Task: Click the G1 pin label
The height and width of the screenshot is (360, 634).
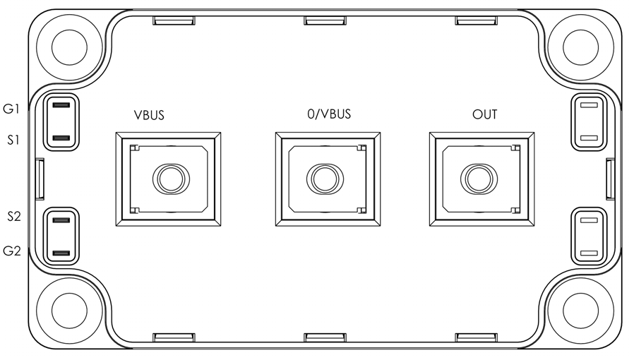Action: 11,109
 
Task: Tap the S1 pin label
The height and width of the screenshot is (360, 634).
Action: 13,140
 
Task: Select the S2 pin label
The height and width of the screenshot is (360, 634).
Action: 13,216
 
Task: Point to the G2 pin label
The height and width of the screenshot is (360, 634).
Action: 12,251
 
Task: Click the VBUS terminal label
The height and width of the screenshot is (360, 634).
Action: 149,115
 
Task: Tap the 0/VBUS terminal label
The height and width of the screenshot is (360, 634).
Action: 329,114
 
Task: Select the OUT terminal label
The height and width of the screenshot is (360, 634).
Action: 484,114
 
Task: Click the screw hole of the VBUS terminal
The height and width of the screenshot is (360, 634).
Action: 171,179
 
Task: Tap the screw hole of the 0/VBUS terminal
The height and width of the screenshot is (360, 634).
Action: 325,179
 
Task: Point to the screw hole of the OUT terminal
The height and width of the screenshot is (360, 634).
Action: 479,179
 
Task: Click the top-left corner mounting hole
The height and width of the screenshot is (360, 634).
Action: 70,47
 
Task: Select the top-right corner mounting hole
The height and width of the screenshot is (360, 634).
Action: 580,47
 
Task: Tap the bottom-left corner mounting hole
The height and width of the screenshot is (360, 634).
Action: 70,311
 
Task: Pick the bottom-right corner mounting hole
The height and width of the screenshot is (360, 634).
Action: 580,311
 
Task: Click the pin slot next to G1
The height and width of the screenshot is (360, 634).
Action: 61,105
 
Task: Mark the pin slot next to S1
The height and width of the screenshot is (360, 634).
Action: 61,138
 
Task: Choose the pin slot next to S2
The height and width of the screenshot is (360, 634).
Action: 61,221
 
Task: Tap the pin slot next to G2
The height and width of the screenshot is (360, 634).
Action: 61,253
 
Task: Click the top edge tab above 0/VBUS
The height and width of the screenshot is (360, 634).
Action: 325,20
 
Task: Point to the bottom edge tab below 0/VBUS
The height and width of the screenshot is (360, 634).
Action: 325,337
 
